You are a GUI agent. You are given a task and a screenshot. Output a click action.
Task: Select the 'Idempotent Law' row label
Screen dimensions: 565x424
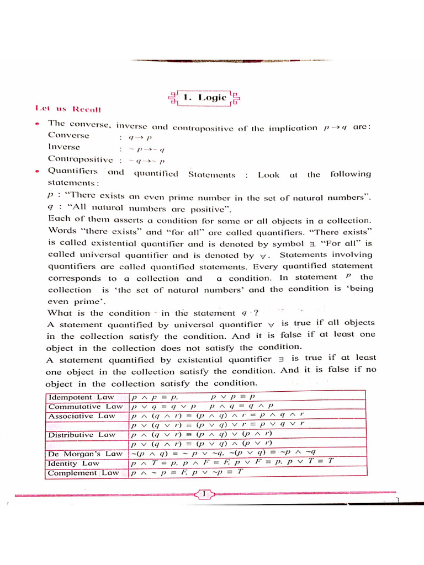click(82, 397)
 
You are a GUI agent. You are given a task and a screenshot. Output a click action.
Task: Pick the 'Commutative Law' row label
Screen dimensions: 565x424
click(85, 407)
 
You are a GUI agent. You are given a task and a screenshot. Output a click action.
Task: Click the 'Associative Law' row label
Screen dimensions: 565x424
click(82, 416)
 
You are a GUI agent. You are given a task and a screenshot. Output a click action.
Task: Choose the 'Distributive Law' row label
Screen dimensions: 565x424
click(82, 435)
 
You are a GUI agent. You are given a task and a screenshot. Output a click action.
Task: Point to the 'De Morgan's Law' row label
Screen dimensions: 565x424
click(85, 454)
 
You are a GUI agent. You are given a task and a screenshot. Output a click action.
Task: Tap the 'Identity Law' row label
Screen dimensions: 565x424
click(74, 463)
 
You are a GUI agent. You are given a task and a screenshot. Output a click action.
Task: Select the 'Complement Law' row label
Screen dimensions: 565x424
click(83, 473)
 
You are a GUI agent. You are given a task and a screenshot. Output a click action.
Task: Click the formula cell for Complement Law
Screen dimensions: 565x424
click(188, 473)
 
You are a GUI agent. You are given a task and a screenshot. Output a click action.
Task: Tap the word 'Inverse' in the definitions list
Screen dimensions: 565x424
click(64, 147)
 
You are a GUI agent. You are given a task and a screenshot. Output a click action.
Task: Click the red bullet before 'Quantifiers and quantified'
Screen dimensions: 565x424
click(36, 172)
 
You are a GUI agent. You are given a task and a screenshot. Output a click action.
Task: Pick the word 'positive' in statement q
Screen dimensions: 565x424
click(209, 209)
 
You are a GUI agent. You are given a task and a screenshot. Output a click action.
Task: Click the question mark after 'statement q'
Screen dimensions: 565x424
click(255, 312)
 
